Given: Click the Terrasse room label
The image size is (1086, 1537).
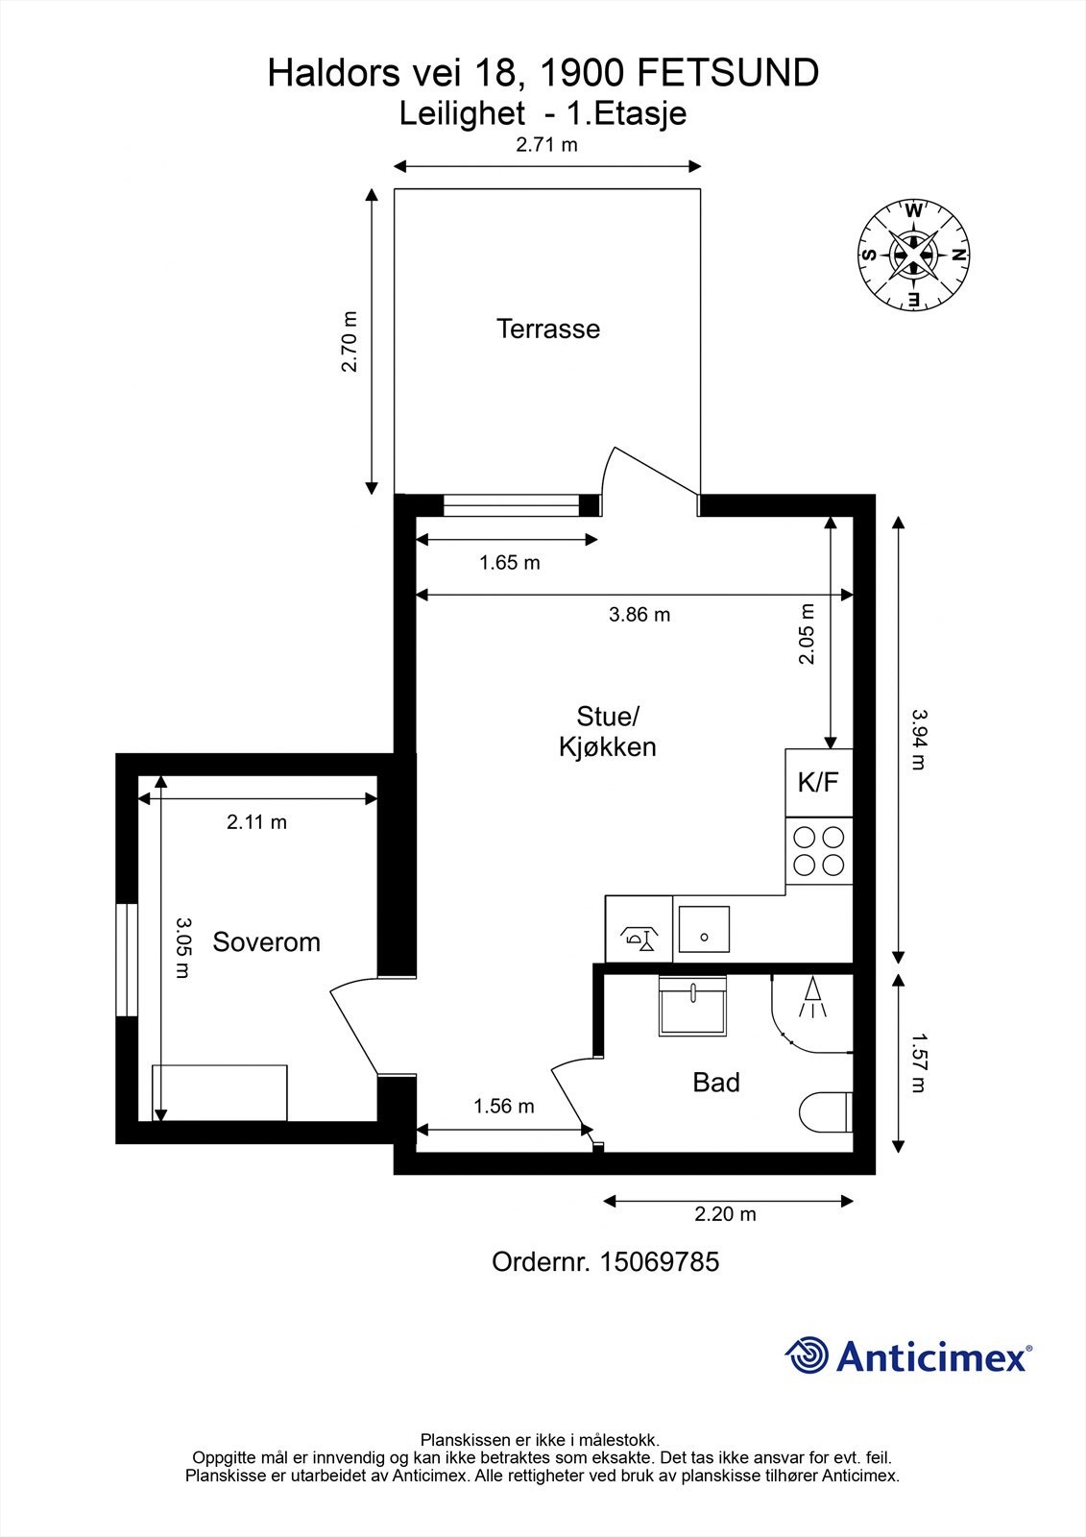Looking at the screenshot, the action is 548,329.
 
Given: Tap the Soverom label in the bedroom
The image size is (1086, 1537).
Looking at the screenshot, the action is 266,942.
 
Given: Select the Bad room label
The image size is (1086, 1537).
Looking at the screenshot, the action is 716,1082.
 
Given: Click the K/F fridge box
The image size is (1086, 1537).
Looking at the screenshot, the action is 819,782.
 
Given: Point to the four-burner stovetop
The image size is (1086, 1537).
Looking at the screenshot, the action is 819,851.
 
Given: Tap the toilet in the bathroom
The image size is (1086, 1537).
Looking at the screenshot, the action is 826,1112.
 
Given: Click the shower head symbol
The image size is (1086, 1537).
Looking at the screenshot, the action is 813,998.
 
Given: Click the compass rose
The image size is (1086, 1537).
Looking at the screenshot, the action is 914,255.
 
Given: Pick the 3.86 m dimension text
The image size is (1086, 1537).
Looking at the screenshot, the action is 640,614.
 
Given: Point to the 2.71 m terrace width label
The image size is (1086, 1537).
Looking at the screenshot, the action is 546,145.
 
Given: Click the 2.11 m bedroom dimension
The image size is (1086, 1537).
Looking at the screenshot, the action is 256,822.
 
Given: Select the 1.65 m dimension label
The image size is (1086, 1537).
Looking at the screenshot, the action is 509,563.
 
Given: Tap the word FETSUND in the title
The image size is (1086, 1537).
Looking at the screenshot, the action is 729,73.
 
